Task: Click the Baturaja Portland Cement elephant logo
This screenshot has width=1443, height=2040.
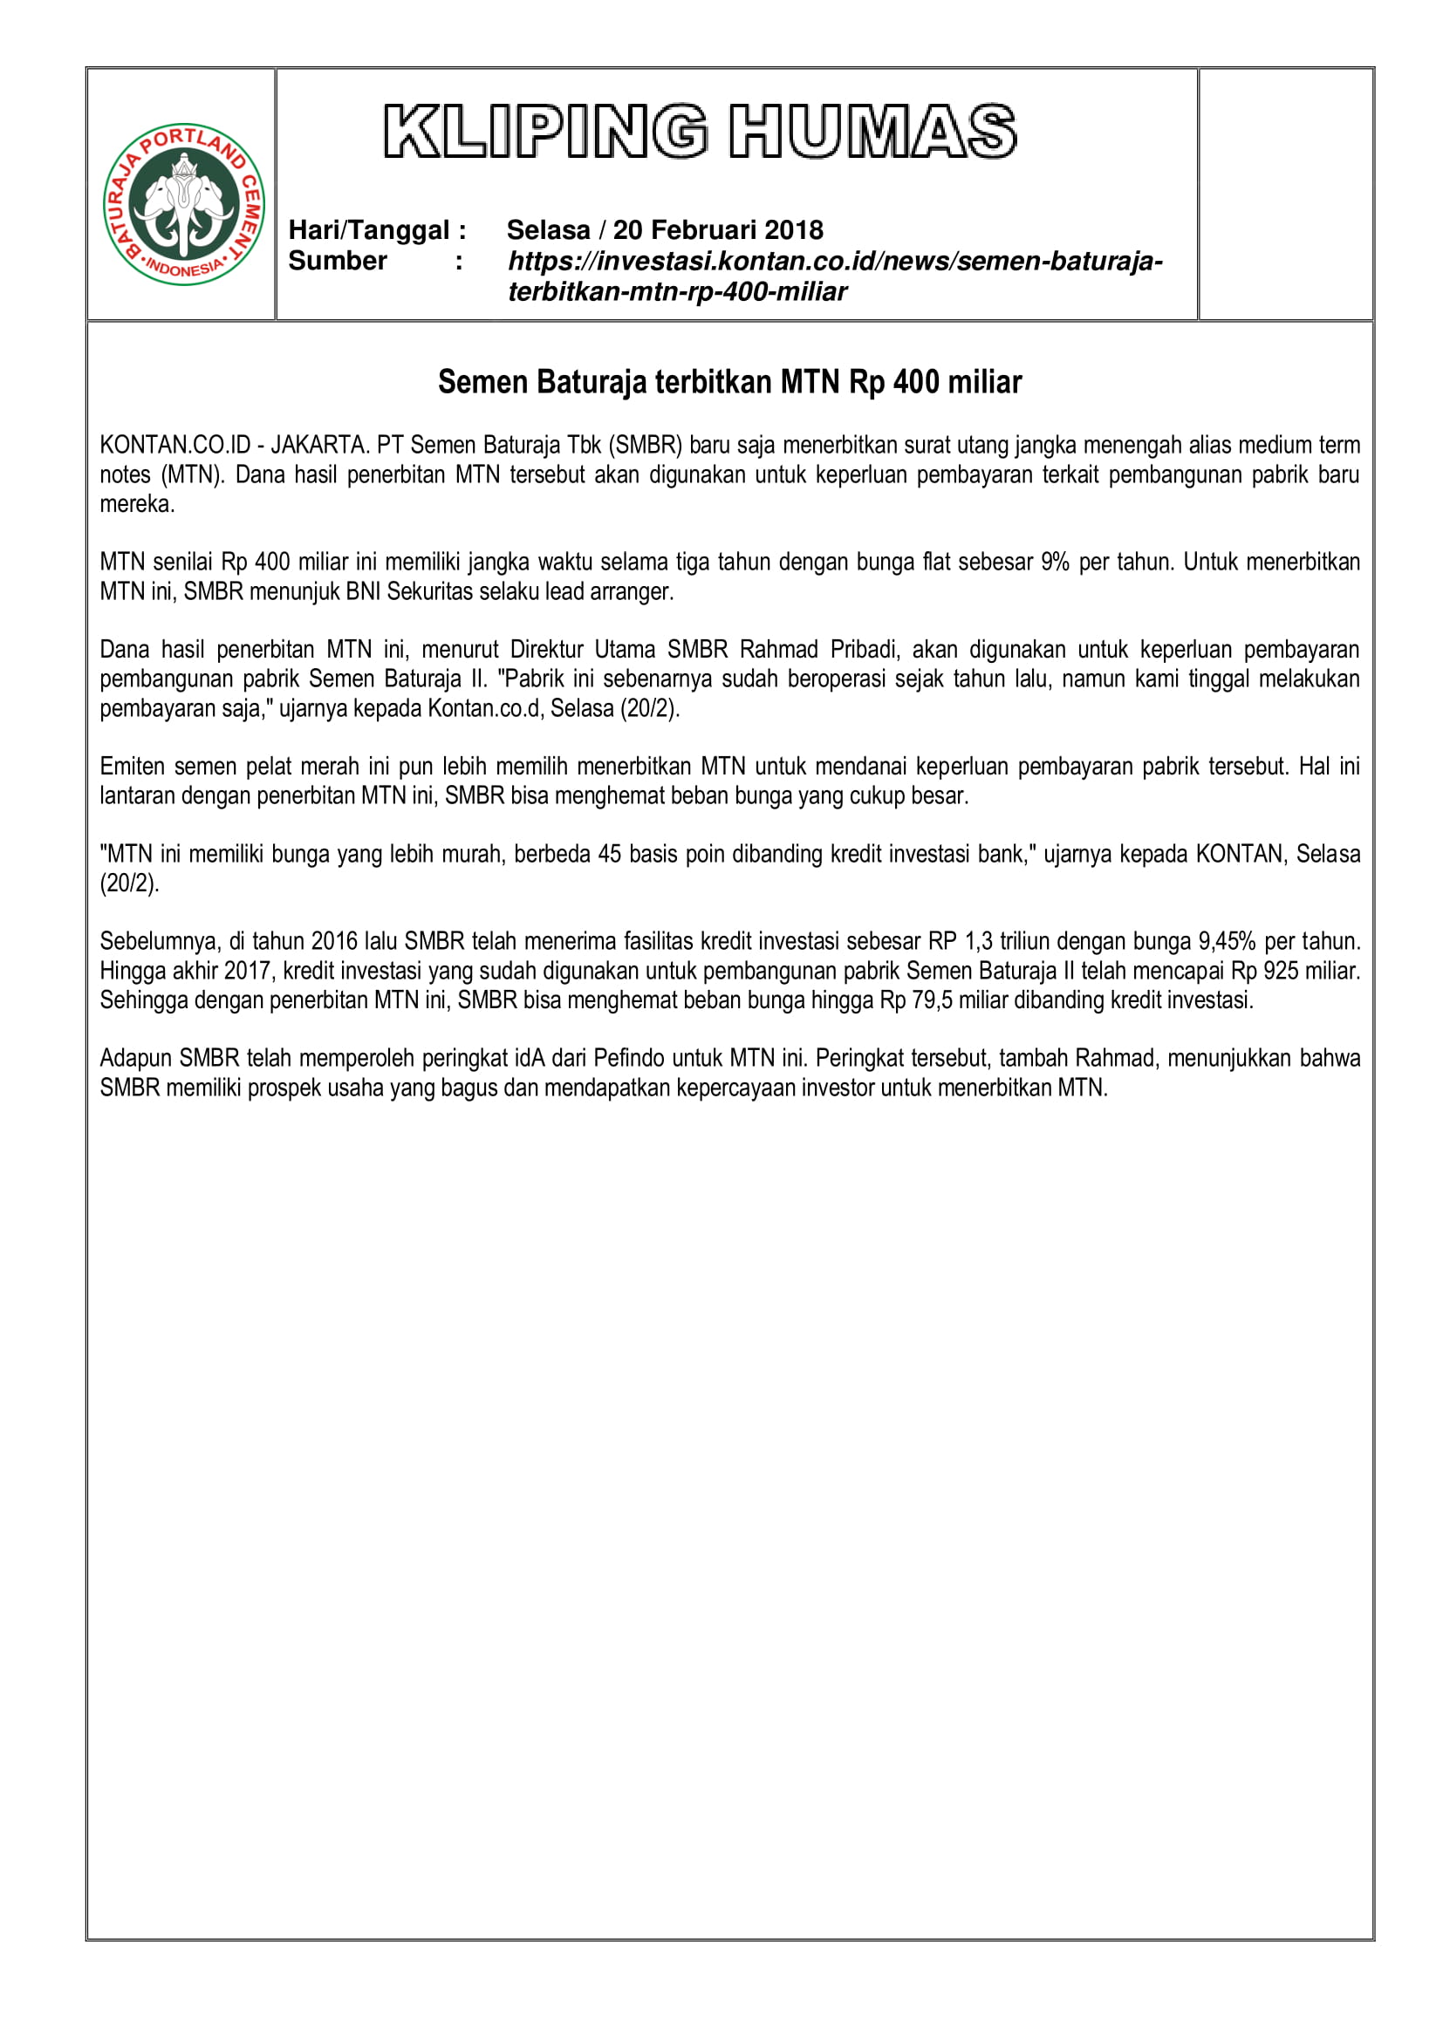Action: click(x=184, y=203)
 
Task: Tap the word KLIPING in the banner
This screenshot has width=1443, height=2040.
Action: click(x=545, y=132)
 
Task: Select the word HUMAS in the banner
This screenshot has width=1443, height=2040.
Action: click(x=872, y=132)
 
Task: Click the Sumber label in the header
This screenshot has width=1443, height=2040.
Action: click(x=338, y=262)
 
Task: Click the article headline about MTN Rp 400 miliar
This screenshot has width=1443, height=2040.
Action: click(x=729, y=382)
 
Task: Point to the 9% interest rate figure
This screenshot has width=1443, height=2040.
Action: click(x=1055, y=562)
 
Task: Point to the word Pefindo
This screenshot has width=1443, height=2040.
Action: click(x=629, y=1058)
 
